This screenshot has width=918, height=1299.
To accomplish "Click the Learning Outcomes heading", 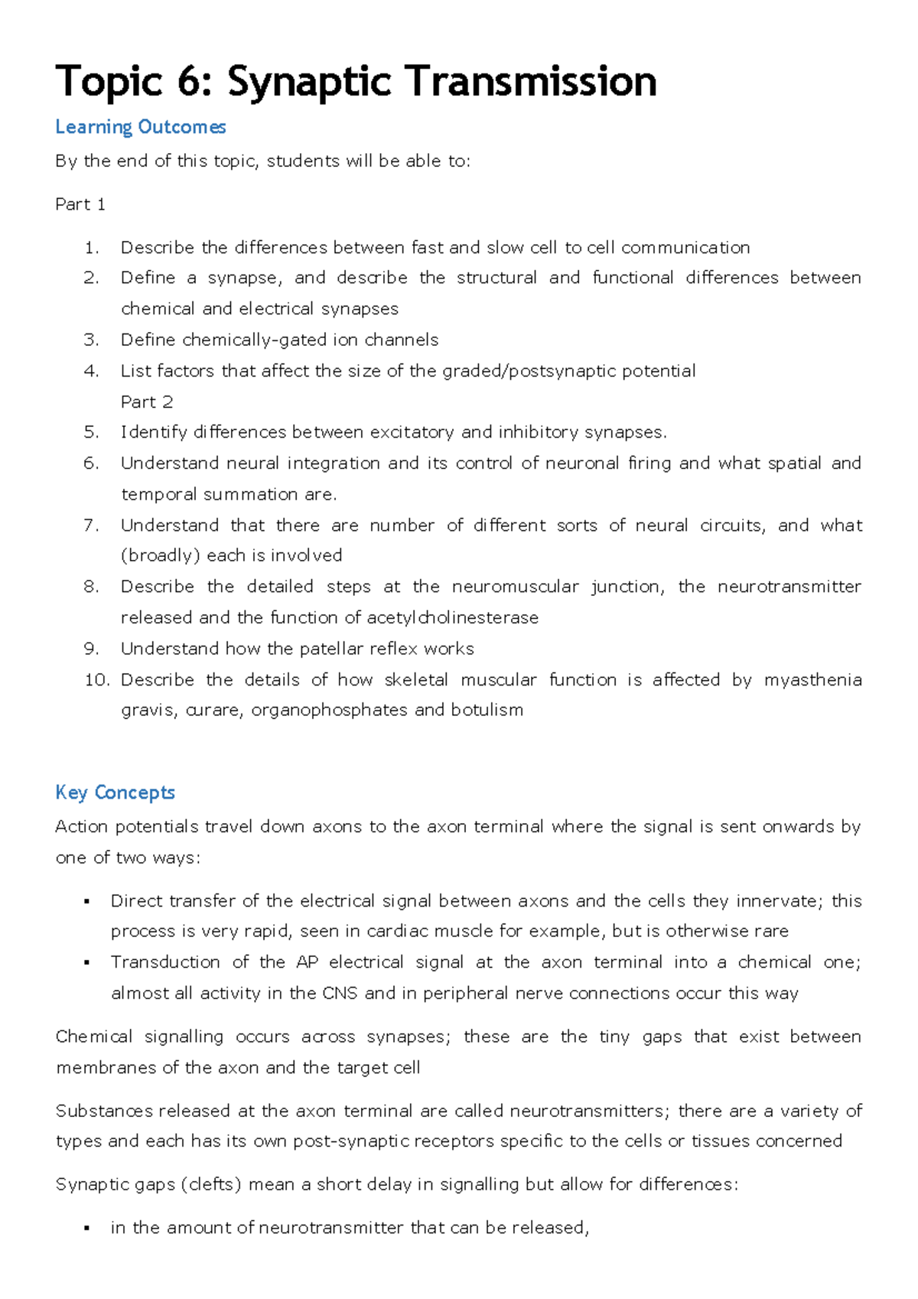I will (140, 127).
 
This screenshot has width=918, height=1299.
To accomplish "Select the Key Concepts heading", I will (115, 793).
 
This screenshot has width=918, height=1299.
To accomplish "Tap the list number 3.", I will (91, 340).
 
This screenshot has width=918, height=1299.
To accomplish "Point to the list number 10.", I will (96, 680).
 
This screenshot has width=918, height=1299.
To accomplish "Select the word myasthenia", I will (812, 680).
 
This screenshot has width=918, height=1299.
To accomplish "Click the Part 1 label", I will (80, 204).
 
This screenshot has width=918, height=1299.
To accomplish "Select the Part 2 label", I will (147, 402).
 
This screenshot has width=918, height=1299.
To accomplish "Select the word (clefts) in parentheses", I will (210, 1185).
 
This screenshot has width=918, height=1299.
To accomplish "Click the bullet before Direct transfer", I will (87, 902).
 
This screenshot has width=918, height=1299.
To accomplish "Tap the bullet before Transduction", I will (87, 963).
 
